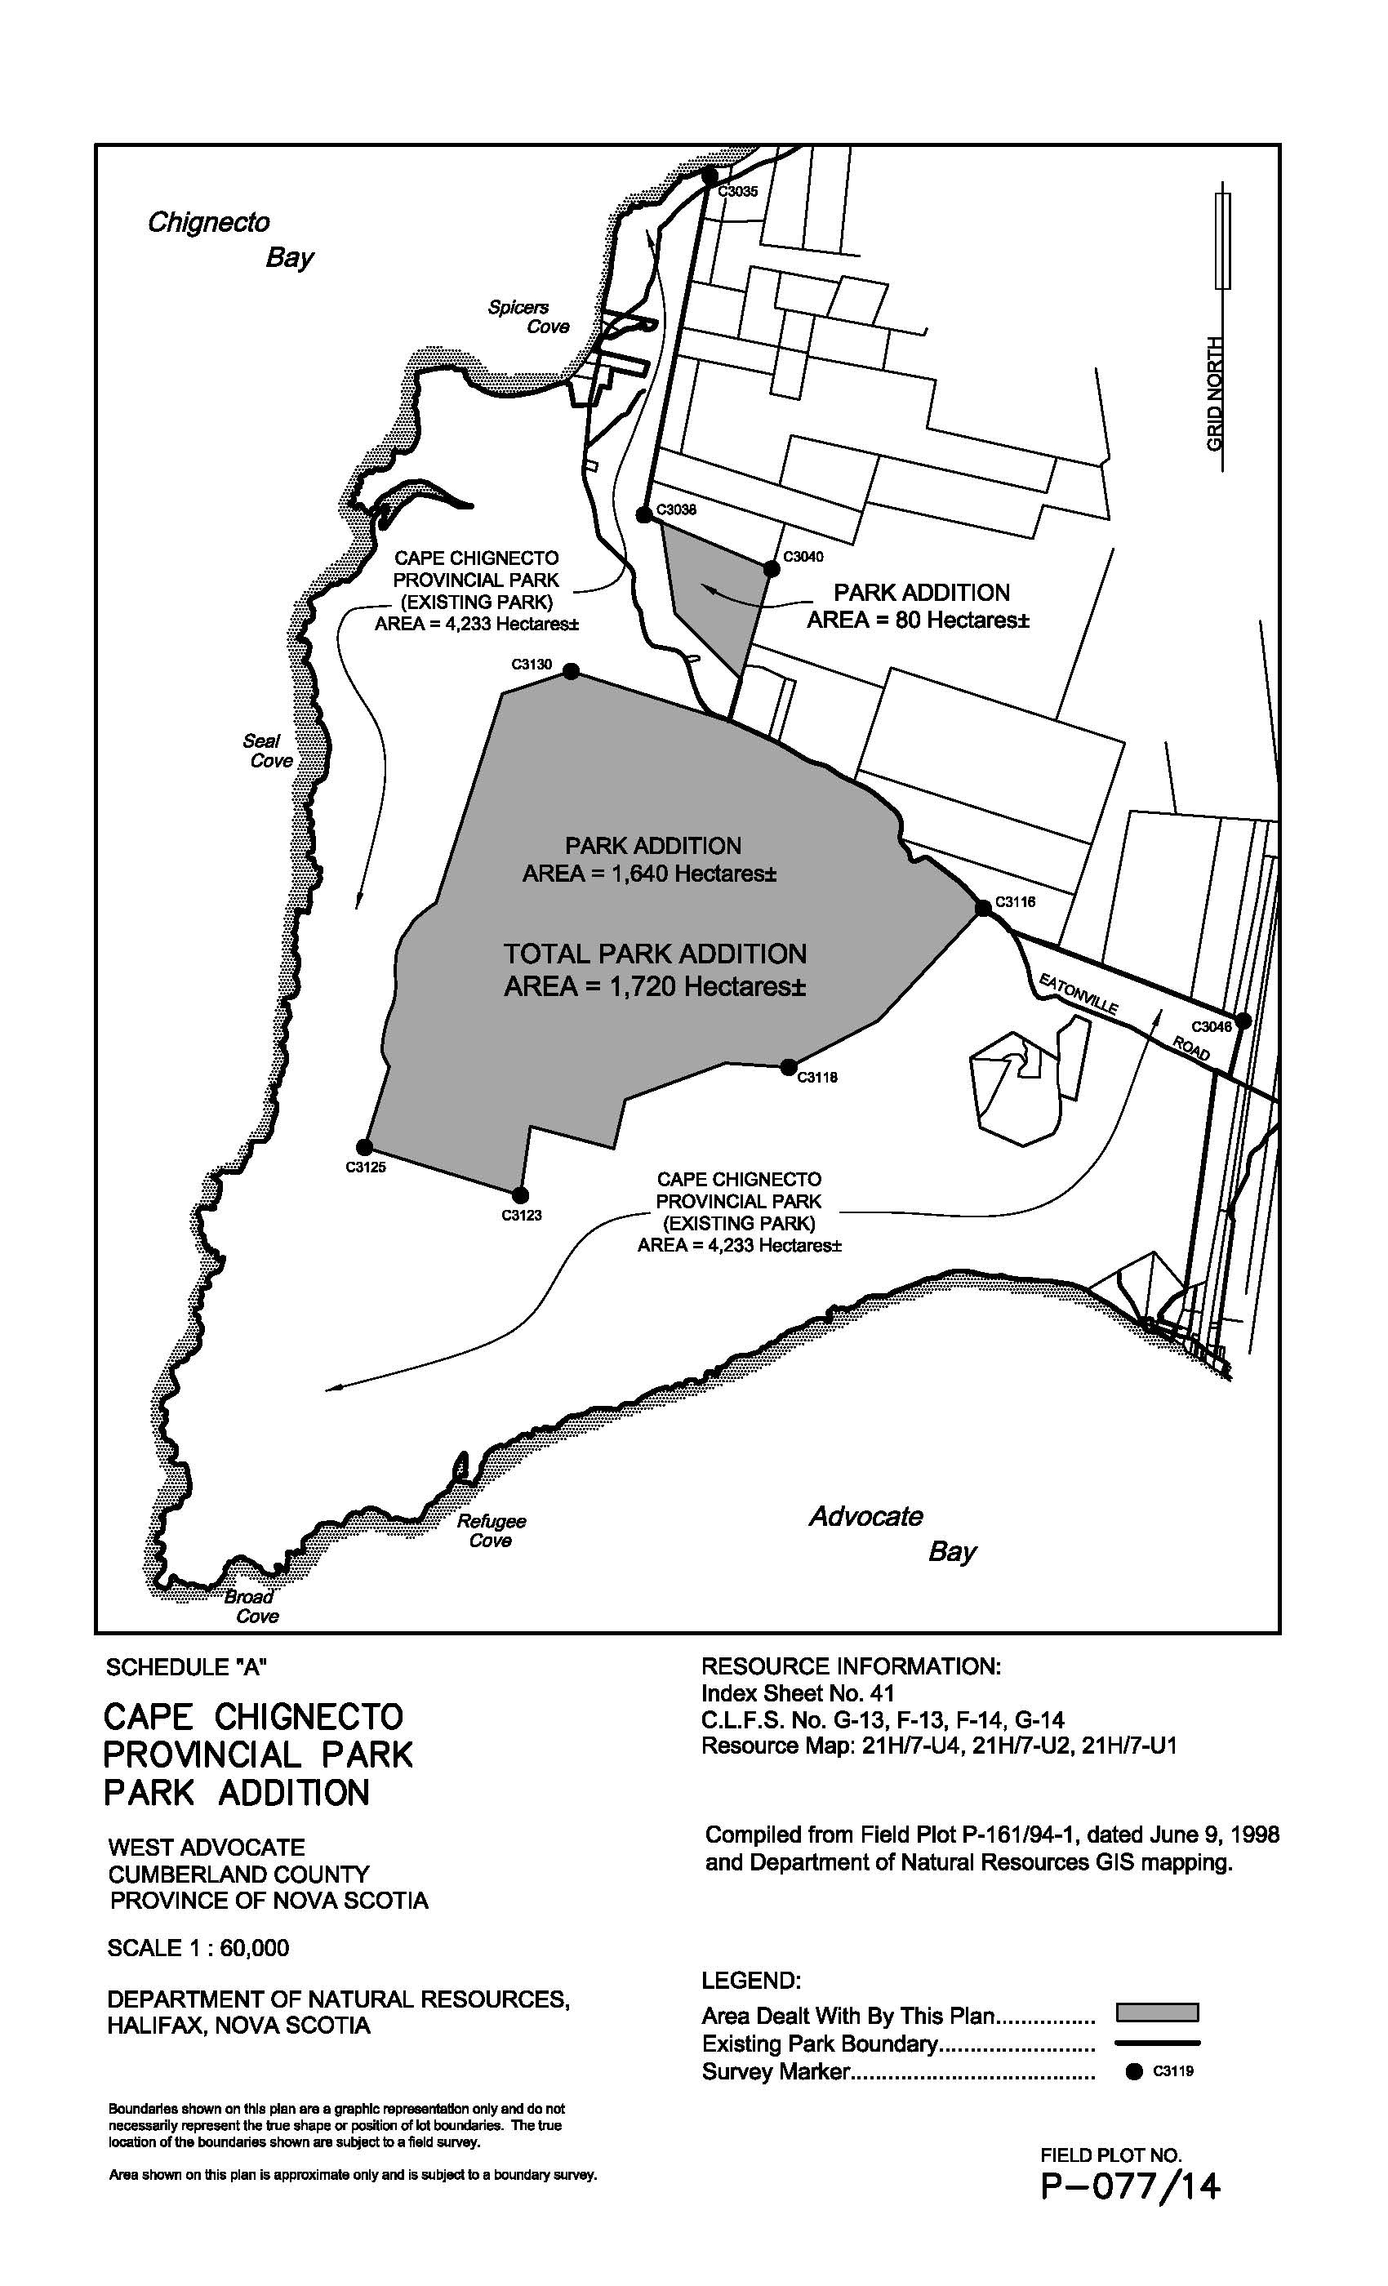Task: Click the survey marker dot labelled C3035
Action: tap(710, 176)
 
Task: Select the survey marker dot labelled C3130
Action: tap(572, 672)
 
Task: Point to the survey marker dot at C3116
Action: tap(982, 908)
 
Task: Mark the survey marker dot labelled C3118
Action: tap(789, 1066)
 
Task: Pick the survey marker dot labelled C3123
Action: tap(519, 1195)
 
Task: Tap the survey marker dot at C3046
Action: tap(1243, 1021)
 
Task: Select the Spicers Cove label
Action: tap(529, 317)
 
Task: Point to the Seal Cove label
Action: tap(268, 750)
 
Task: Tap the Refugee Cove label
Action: tap(491, 1531)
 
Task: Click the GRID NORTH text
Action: tap(1215, 394)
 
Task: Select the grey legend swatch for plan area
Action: tap(1156, 2012)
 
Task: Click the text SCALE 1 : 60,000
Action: tap(198, 1947)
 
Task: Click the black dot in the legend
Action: tap(1133, 2072)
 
